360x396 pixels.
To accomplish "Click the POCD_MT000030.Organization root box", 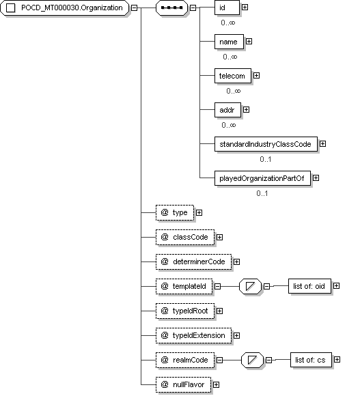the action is [65, 8].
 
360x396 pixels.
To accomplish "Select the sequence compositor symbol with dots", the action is [171, 8].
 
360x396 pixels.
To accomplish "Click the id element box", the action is [227, 8].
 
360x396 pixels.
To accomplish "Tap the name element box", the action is [229, 42].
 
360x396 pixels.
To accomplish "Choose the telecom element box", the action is [233, 76].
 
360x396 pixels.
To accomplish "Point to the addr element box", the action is [227, 110].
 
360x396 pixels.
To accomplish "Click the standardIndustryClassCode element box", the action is [266, 144].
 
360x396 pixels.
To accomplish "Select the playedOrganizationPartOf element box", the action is [262, 178].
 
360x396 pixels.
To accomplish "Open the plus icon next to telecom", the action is [256, 76].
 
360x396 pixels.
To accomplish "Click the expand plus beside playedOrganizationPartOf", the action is [316, 178].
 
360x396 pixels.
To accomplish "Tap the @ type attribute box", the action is [175, 212].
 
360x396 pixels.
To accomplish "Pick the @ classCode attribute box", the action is [185, 237].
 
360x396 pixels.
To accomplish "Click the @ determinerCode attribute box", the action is [194, 261].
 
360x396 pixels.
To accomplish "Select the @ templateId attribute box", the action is [184, 286].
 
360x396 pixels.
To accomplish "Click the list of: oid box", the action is [309, 286].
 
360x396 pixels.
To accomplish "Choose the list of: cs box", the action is [311, 360].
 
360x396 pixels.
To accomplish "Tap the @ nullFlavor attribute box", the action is [183, 384].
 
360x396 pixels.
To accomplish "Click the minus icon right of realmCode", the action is [219, 360].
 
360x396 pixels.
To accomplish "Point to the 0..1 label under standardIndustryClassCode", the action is [266, 159].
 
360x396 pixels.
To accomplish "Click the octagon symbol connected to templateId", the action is [250, 286].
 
